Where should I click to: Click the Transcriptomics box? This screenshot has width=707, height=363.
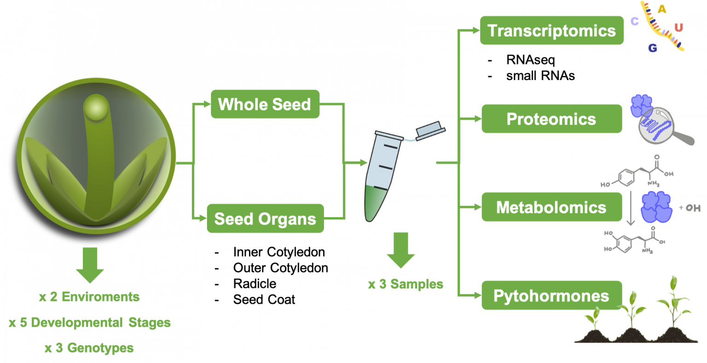coord(551,31)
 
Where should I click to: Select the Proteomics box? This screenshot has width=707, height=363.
coord(551,119)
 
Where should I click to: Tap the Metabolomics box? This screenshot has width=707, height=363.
coord(551,207)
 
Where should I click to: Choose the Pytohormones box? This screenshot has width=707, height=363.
coord(551,295)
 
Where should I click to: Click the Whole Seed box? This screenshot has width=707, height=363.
coord(265,104)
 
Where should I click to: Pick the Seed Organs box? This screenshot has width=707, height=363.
coord(265,219)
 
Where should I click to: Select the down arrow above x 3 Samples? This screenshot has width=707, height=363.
coord(400,250)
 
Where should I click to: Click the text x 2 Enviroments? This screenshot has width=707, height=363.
coord(89,297)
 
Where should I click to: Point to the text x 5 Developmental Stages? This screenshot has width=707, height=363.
coord(90,323)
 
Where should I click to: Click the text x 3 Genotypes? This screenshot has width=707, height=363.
coord(89,348)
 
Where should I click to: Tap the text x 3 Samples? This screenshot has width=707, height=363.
coord(406,284)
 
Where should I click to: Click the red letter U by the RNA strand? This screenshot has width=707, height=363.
coord(678,28)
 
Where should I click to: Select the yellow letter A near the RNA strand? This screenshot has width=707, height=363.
coord(661,9)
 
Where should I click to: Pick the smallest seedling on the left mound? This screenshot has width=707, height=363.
coord(594,317)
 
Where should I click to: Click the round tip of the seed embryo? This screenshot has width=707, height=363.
coord(96,107)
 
